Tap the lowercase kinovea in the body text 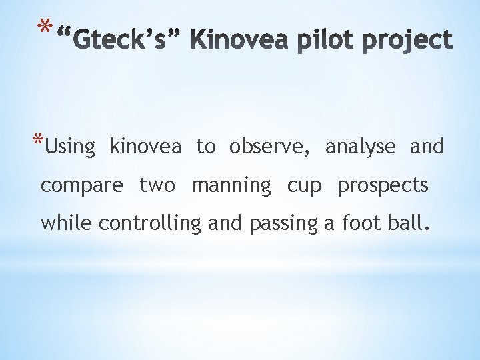[145, 146]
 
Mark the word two [157, 185]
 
